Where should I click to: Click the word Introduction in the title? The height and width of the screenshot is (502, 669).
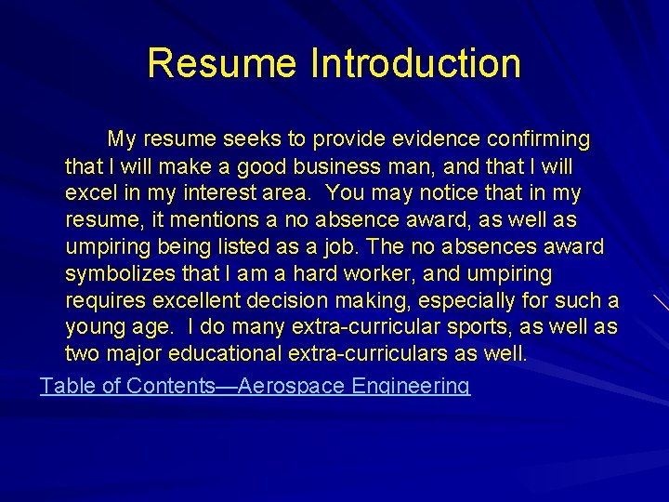[415, 63]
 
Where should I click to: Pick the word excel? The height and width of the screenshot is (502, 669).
[88, 193]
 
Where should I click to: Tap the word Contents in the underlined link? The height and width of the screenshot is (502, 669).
[171, 386]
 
